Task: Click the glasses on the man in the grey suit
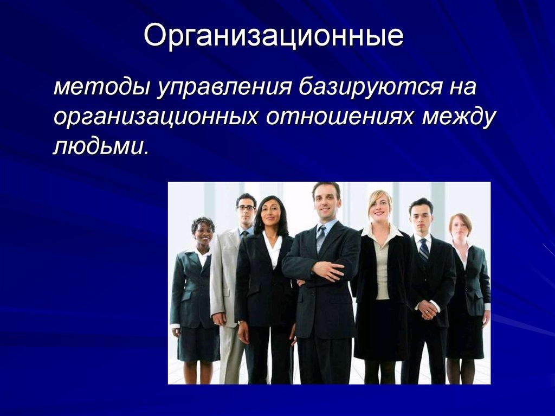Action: (x=246, y=208)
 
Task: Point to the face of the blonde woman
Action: (x=380, y=206)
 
